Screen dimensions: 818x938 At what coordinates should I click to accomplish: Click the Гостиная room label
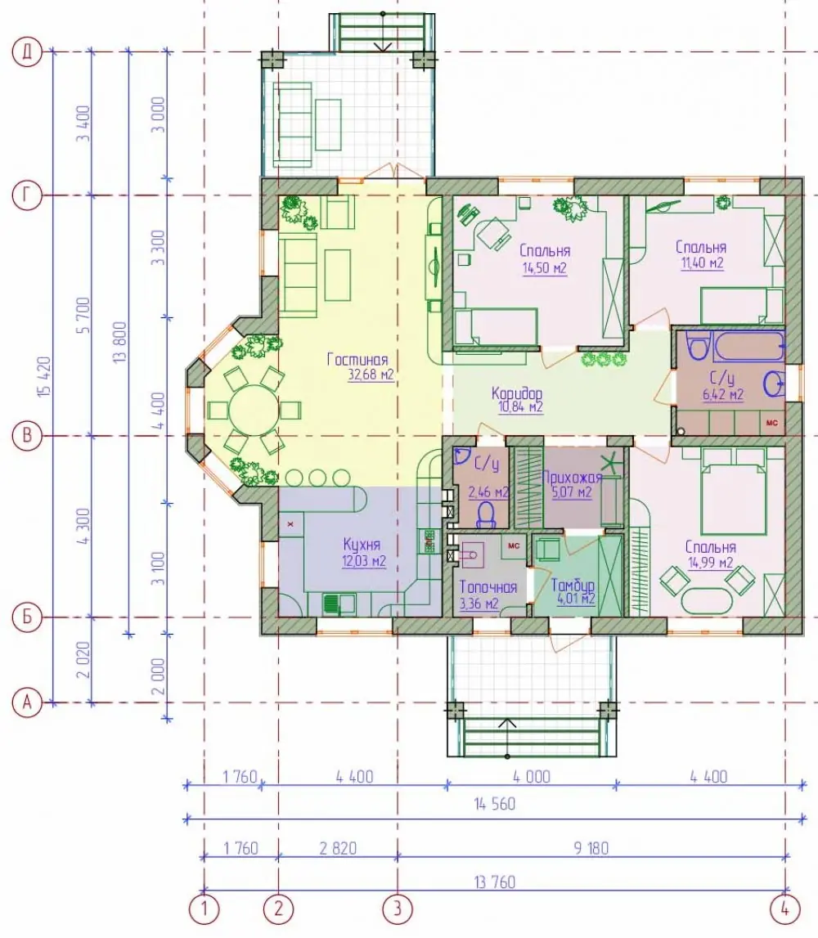[x=357, y=360]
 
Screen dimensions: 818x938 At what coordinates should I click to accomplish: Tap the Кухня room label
[x=362, y=545]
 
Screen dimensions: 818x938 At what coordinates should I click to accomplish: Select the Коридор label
[x=517, y=393]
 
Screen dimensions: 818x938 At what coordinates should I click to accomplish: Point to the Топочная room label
[x=488, y=587]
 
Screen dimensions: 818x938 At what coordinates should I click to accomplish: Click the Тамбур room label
[x=573, y=585]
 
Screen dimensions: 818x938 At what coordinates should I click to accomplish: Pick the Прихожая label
[x=572, y=478]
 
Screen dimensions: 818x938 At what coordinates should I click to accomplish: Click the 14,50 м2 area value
[x=545, y=267]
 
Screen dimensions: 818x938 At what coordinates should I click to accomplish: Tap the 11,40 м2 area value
[x=703, y=263]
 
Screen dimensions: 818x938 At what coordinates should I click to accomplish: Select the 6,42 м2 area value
[x=723, y=394]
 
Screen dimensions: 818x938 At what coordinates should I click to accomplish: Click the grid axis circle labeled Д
[x=27, y=52]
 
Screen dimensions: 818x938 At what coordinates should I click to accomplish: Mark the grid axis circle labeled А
[x=27, y=702]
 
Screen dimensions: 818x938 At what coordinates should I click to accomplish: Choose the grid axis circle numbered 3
[x=398, y=910]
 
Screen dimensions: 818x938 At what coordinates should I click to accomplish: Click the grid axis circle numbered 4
[x=784, y=910]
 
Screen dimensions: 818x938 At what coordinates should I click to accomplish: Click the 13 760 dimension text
[x=494, y=882]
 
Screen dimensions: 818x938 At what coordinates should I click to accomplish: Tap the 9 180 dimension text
[x=591, y=848]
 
